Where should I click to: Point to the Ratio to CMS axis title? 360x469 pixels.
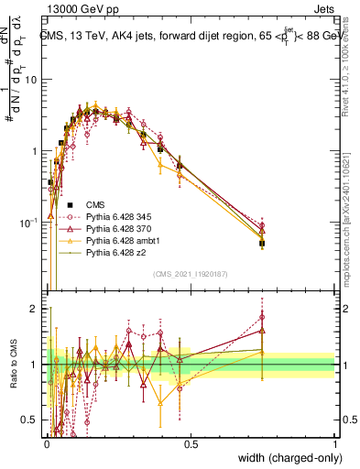pos(16,365)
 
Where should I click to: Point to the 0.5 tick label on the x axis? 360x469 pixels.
pos(191,443)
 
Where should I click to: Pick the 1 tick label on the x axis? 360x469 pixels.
pos(334,443)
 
